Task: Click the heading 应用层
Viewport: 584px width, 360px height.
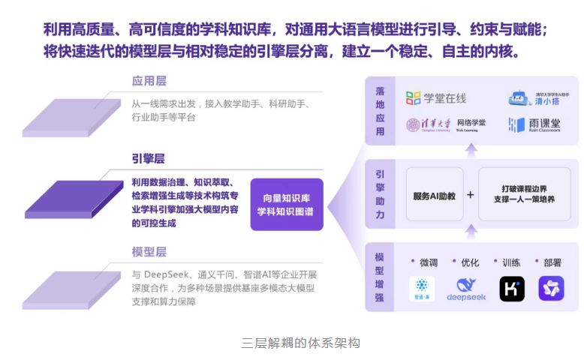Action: [x=149, y=81]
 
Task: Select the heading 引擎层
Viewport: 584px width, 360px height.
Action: [x=149, y=160]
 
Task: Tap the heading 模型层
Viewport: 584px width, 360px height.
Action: [x=149, y=251]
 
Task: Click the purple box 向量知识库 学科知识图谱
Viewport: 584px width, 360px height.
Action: [x=286, y=204]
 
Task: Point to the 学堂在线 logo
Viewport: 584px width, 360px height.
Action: [x=436, y=98]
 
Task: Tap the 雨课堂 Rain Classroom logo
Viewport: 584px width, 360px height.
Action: [x=534, y=124]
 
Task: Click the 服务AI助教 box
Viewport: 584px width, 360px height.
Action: [x=435, y=195]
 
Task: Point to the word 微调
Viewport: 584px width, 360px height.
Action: [x=428, y=262]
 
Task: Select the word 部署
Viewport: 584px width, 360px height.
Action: [x=551, y=262]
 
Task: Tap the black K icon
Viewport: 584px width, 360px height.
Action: [x=512, y=289]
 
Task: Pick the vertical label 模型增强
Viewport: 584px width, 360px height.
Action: [x=380, y=277]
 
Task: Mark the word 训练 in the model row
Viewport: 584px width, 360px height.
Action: [x=510, y=262]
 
